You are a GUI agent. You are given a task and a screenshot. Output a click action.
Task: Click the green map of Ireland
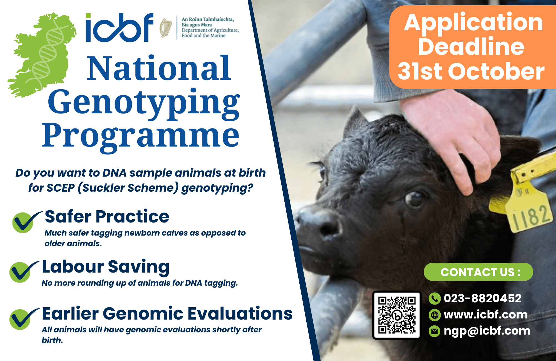(x=42, y=56)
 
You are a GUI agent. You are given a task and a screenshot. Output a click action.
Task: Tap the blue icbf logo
(x=120, y=28)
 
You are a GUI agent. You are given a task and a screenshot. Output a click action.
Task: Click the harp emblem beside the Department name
(x=166, y=28)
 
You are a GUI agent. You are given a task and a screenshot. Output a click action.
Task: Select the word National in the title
(x=158, y=68)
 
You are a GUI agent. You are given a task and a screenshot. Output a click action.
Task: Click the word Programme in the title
(x=140, y=136)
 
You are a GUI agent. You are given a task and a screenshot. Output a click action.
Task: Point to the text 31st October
(x=471, y=72)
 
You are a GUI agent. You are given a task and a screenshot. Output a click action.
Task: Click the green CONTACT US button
(x=478, y=272)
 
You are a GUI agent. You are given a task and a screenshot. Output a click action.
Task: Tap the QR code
(x=397, y=315)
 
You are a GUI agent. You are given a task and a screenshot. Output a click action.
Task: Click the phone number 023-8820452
(x=482, y=298)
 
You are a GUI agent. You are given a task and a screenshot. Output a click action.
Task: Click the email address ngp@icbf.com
(x=487, y=331)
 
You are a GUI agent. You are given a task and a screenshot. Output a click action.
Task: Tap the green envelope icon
(x=434, y=331)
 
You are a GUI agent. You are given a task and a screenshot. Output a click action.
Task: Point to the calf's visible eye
(x=415, y=198)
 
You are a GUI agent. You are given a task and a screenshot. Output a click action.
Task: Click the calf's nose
(x=320, y=222)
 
